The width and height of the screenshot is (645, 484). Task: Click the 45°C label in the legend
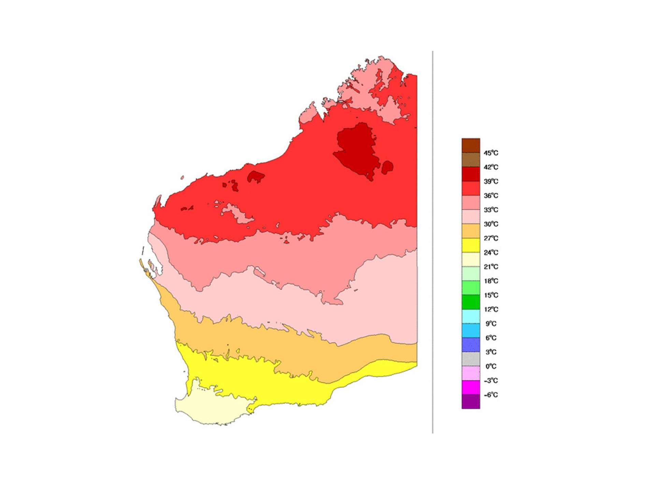(490, 153)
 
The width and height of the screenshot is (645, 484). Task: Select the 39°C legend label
(490, 181)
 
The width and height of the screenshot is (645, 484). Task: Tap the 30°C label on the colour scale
(490, 224)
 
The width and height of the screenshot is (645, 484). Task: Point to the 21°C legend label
(490, 267)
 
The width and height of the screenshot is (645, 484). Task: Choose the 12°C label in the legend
(490, 309)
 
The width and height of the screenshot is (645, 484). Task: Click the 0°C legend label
(490, 367)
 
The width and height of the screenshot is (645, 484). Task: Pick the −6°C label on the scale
(490, 395)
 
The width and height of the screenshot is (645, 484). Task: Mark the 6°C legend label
(490, 338)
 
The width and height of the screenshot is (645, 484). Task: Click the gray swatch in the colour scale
(471, 359)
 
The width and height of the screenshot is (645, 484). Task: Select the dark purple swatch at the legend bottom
(471, 402)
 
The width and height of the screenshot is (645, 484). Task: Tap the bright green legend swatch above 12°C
(471, 302)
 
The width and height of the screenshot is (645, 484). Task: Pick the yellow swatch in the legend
(471, 245)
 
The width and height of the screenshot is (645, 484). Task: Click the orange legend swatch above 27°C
(471, 231)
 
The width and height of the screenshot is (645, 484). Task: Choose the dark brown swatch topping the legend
(471, 146)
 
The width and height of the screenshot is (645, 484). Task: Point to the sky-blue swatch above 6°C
(471, 331)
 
